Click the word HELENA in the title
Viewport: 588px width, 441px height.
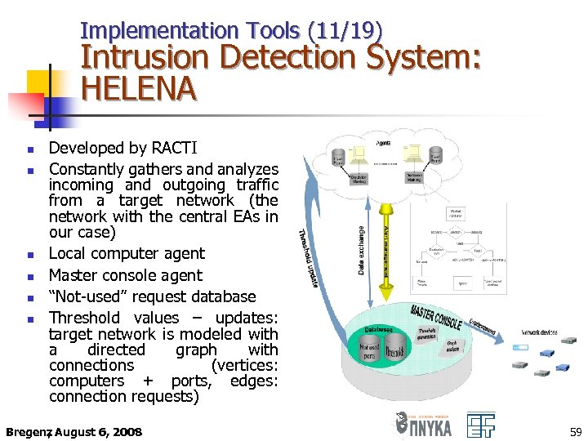pos(139,87)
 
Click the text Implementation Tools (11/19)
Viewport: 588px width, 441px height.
pos(231,31)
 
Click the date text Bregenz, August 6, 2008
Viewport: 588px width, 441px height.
pos(73,431)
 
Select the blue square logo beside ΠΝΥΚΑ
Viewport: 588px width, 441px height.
pos(481,425)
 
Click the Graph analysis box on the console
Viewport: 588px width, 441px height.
pos(452,347)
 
